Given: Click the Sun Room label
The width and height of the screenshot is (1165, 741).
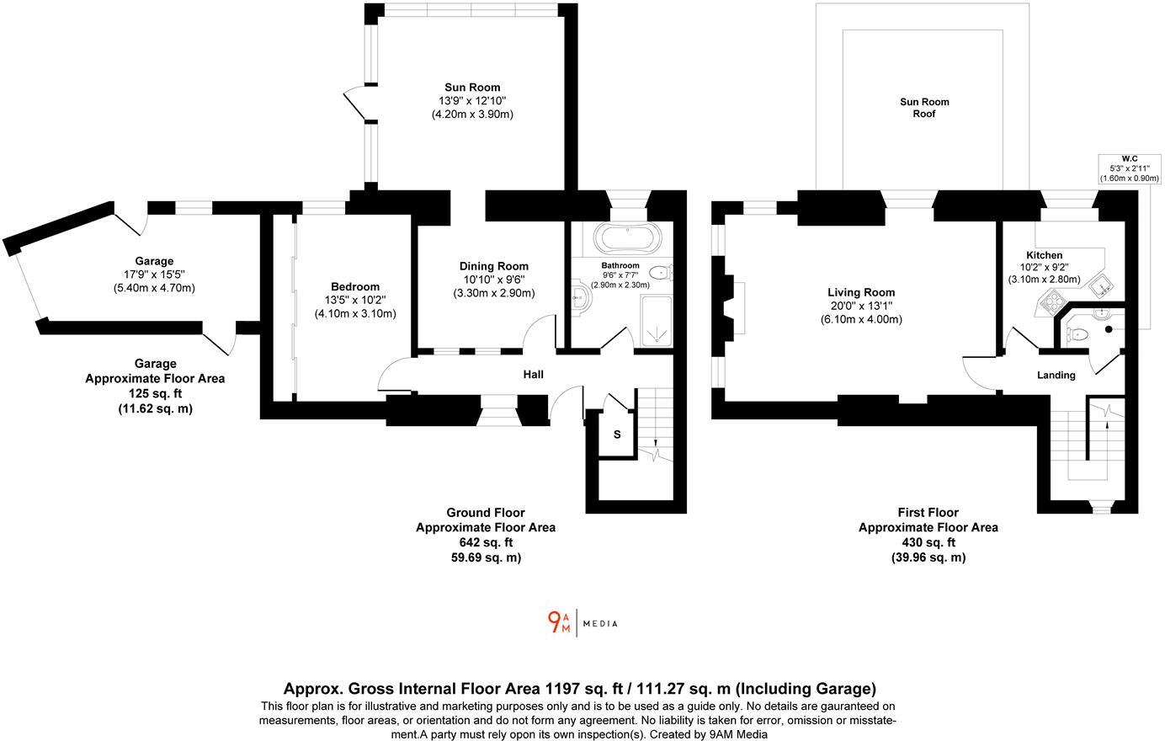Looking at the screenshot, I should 472,87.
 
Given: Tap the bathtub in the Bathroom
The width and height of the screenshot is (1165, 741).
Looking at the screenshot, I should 624,237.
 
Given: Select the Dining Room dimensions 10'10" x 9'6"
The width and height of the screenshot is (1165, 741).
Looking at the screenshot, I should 493,280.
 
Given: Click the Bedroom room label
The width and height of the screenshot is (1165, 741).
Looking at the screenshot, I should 354,286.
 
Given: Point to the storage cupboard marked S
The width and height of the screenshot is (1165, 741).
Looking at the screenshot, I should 617,434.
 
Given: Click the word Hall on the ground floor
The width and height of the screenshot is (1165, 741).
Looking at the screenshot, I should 533,374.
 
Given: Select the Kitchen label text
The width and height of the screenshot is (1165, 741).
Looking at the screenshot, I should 1044,255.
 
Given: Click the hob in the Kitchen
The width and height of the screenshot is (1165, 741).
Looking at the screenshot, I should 1053,301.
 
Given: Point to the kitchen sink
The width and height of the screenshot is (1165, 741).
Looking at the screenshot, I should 1101,284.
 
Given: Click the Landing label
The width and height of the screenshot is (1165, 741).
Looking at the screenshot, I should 1056,375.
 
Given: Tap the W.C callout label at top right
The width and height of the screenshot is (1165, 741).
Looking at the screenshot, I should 1129,158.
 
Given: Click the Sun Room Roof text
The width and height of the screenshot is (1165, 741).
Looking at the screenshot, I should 924,108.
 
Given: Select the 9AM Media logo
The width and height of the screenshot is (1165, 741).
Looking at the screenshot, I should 582,622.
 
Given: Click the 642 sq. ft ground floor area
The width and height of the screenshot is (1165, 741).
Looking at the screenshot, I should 485,542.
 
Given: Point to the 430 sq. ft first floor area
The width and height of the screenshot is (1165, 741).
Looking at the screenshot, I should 928,542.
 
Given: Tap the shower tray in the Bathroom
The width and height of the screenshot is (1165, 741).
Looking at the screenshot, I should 657,321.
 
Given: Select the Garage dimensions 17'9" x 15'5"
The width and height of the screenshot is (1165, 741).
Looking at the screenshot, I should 154,275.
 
